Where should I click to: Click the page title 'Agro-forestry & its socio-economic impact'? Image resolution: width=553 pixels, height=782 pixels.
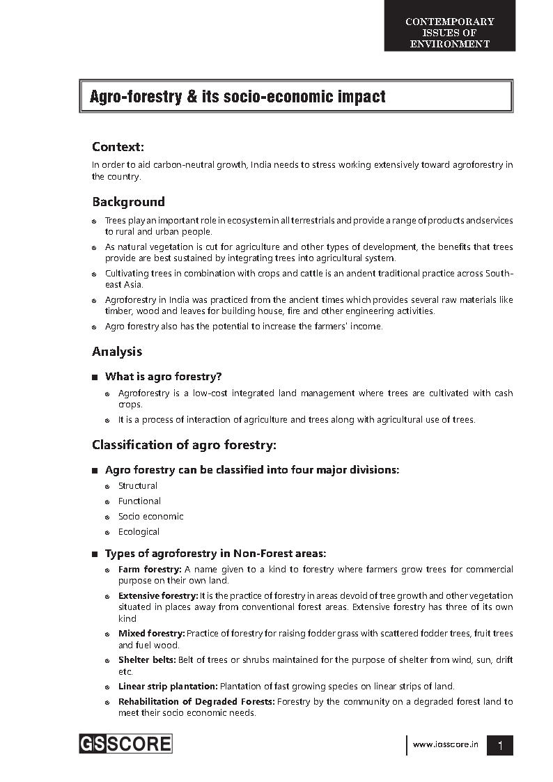pos(237,97)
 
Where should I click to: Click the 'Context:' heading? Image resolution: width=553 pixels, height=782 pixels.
pos(118,147)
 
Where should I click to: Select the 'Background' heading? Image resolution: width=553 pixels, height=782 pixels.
pos(128,202)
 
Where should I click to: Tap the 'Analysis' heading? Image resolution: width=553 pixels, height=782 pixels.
pos(117,351)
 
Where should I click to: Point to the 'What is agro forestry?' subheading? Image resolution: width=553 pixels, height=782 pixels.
pos(163,377)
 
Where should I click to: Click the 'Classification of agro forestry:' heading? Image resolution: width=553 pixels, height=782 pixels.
pos(184,444)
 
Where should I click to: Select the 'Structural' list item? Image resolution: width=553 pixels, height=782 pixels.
pos(138,486)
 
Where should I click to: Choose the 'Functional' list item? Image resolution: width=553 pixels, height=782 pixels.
pos(139,501)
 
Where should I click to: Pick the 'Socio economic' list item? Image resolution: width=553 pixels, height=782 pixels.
pos(150,517)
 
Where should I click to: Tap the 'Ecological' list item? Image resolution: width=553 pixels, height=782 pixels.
pos(139,532)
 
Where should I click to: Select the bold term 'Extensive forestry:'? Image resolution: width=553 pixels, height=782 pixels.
pos(158,596)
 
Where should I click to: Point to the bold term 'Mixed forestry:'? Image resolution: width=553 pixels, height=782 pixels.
pos(151,634)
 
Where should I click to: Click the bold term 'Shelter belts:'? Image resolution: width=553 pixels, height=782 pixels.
pos(147,660)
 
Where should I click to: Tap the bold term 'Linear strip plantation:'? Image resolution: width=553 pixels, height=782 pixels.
pos(168,687)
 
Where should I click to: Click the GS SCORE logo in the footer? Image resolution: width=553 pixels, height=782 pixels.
pos(125,744)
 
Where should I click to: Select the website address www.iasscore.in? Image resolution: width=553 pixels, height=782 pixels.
pos(446,744)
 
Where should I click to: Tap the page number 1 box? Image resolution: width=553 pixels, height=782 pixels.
pos(500,745)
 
